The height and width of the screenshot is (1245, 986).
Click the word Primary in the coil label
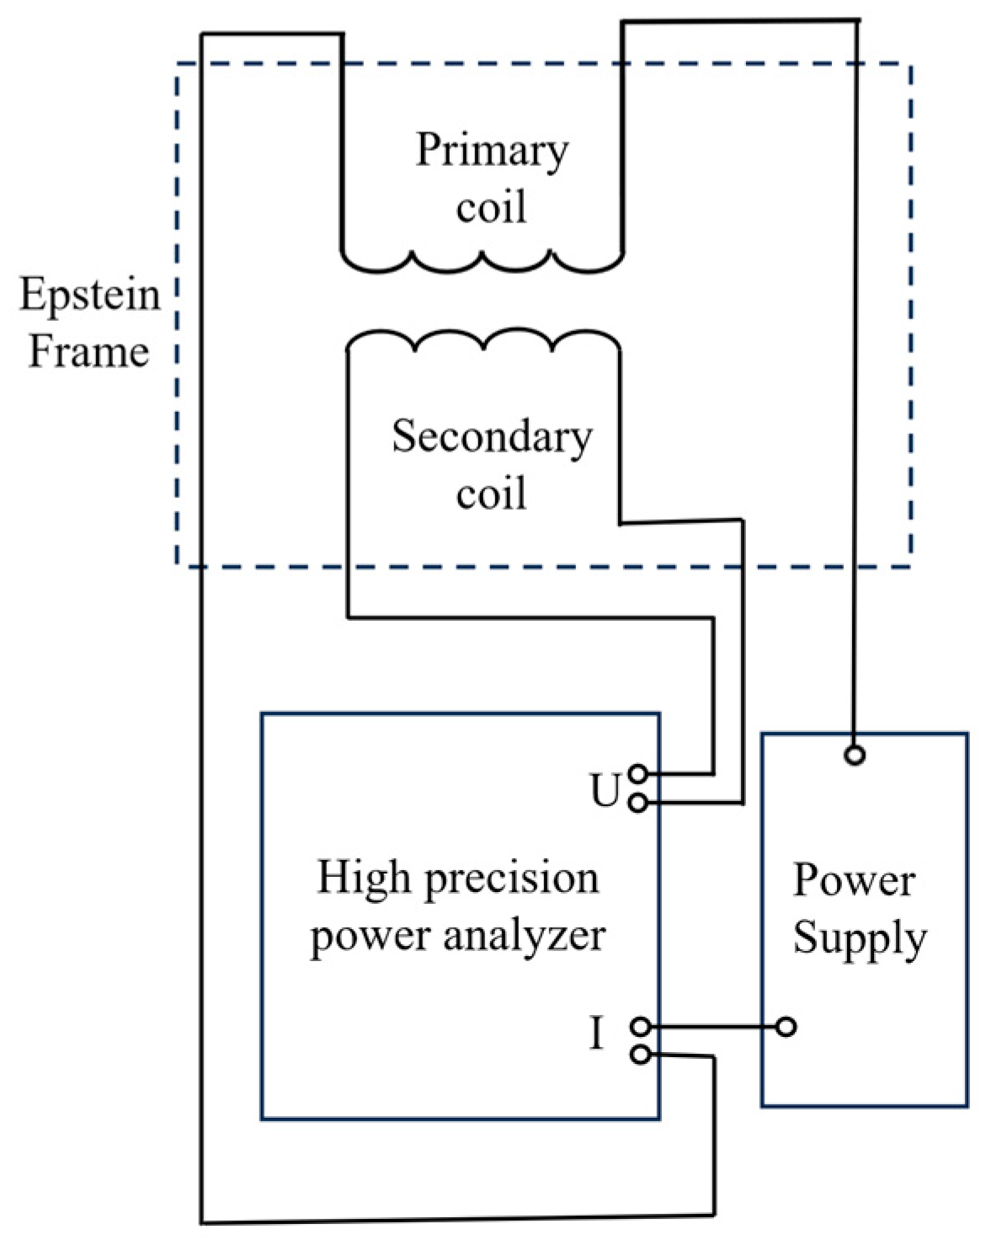pyautogui.click(x=492, y=152)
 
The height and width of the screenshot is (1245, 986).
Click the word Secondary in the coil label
pyautogui.click(x=492, y=437)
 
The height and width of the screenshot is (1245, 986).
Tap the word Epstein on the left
pyautogui.click(x=90, y=295)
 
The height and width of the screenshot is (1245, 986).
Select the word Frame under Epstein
pyautogui.click(x=89, y=351)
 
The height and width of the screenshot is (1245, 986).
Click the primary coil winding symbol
pyautogui.click(x=482, y=260)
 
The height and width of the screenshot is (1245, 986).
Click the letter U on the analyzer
pyautogui.click(x=605, y=791)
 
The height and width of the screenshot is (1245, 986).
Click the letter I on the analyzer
pyautogui.click(x=596, y=1034)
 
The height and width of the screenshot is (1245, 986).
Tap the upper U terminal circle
pyautogui.click(x=638, y=773)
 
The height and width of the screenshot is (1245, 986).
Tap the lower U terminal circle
pyautogui.click(x=638, y=804)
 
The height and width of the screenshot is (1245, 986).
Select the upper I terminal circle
pyautogui.click(x=640, y=1027)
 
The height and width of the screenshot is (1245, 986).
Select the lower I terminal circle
pyautogui.click(x=640, y=1054)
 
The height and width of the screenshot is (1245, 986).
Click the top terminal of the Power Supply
pyautogui.click(x=855, y=756)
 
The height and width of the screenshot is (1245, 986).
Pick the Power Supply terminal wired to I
pyautogui.click(x=786, y=1027)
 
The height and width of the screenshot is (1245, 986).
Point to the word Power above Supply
pyautogui.click(x=854, y=881)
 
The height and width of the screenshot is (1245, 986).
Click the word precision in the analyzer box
pyautogui.click(x=511, y=879)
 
